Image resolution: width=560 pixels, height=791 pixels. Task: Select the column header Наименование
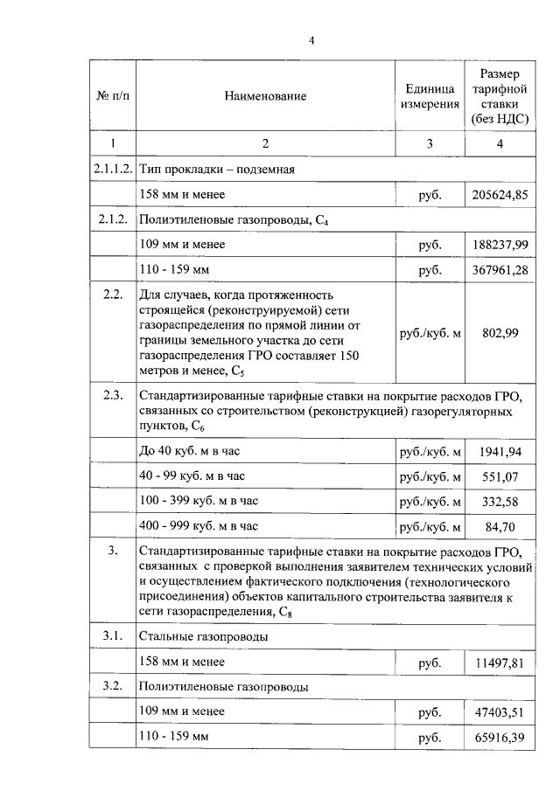(x=264, y=97)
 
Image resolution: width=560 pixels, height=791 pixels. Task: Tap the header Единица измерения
(x=430, y=97)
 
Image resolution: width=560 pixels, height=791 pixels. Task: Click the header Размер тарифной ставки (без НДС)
(x=499, y=97)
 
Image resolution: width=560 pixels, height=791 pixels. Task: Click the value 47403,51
(x=500, y=712)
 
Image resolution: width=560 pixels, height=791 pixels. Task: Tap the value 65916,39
(x=500, y=739)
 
